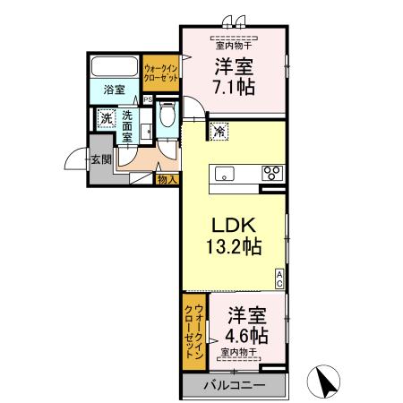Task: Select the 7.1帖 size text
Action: coord(233,88)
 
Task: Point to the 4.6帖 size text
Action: coord(246,336)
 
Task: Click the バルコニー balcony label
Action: coord(233,385)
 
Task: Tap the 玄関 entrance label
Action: coord(99,160)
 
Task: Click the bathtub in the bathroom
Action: coord(114,67)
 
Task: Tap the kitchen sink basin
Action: coord(225,173)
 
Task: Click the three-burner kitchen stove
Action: coord(271,172)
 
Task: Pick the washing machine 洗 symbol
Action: coord(106,118)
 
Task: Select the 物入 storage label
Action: coord(167,179)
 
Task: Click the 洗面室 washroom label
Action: coord(128,125)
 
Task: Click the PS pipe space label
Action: coord(148,99)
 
